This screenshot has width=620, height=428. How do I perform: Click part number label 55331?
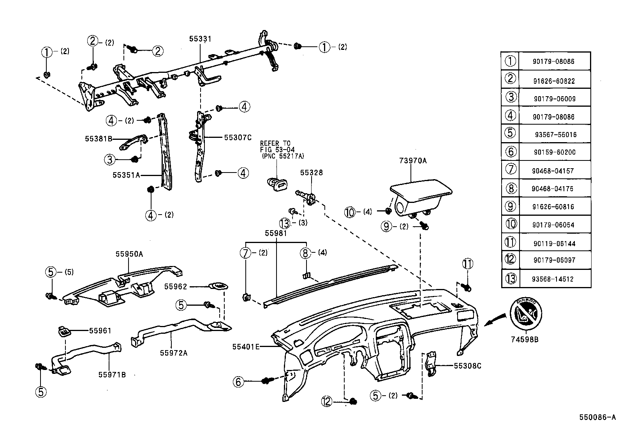pos(200,39)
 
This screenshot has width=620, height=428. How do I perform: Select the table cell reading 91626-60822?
pos(554,81)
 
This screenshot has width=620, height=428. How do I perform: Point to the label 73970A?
pos(413,160)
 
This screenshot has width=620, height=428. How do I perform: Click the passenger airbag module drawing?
pos(420,197)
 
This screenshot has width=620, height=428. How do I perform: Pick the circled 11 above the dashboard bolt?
pos(467,264)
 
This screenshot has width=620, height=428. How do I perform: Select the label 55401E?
pos(246,347)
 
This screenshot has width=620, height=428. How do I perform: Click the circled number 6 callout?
pos(238,382)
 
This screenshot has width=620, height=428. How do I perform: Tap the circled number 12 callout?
pos(327,401)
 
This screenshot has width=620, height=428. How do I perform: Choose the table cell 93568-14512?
pos(554,279)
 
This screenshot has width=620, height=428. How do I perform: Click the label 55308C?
pos(467,366)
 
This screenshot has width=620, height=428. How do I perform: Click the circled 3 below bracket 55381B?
pos(110,159)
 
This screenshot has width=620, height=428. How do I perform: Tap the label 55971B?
pos(112,375)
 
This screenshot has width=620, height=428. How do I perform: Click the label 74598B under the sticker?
pos(525,339)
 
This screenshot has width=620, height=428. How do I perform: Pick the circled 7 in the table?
pos(511,169)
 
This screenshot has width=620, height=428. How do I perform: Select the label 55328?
pos(311,173)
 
